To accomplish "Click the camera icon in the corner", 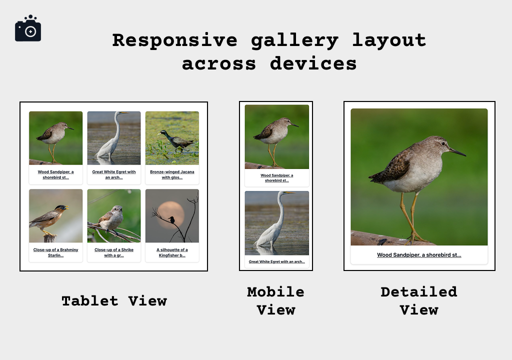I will tap(28, 29).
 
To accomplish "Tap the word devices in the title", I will tap(313, 63).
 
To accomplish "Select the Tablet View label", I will tap(114, 300).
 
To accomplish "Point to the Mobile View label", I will tap(275, 300).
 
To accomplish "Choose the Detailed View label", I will tap(419, 300).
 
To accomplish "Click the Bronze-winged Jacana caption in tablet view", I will tap(172, 174).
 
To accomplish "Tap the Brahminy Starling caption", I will tap(55, 252).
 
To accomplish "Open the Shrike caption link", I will tap(114, 252).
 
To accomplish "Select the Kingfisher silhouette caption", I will tap(172, 252).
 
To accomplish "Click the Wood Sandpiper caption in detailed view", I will tap(419, 255).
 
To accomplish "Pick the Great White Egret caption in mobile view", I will tap(276, 261).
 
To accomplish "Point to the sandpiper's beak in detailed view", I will tap(457, 151).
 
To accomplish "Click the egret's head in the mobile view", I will tap(285, 193).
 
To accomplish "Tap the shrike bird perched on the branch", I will tap(112, 218).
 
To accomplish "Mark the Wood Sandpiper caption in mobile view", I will tap(276, 178).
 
